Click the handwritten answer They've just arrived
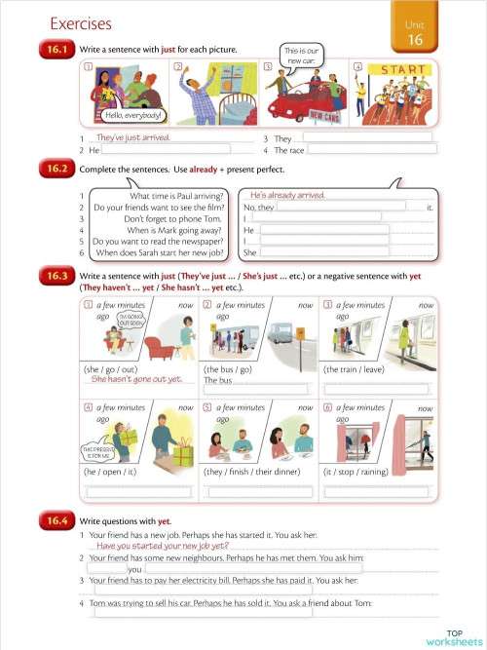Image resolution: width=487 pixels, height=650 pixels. pos(133,137)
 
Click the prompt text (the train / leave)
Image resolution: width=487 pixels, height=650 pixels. pos(356,369)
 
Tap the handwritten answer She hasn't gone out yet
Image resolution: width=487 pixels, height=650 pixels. pos(137,380)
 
